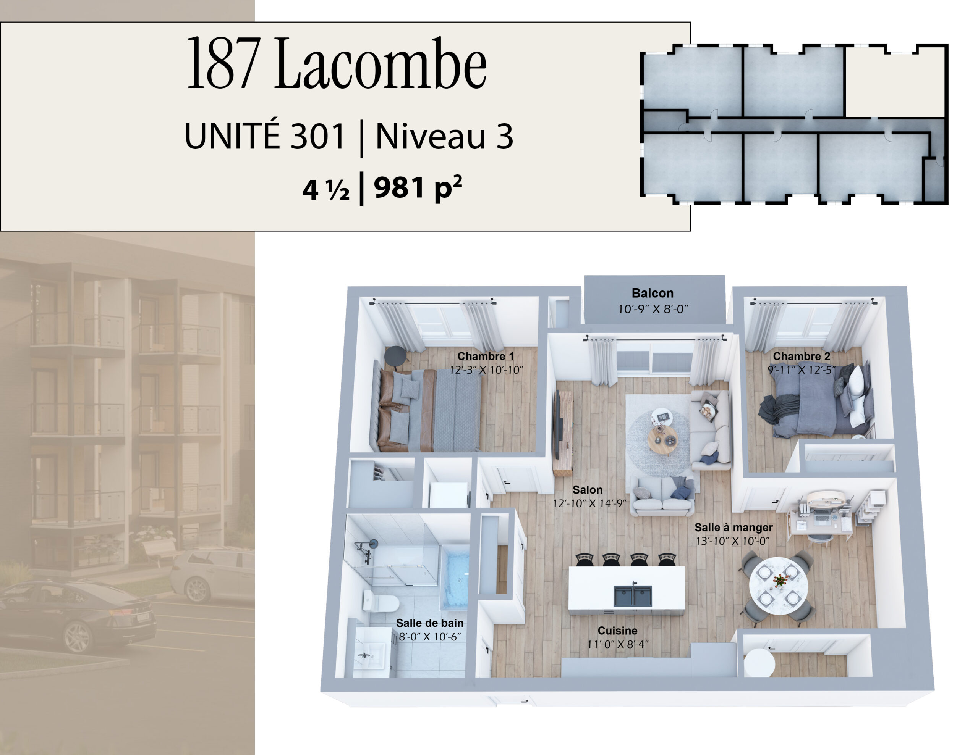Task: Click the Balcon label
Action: (x=653, y=293)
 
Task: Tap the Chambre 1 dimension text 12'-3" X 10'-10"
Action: (x=486, y=370)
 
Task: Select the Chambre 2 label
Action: (x=802, y=356)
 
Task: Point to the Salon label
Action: (x=588, y=490)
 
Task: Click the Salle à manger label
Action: (x=733, y=528)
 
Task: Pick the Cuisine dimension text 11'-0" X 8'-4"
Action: (x=618, y=644)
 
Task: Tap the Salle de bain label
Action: (x=430, y=623)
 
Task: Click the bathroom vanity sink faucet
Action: (x=364, y=656)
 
